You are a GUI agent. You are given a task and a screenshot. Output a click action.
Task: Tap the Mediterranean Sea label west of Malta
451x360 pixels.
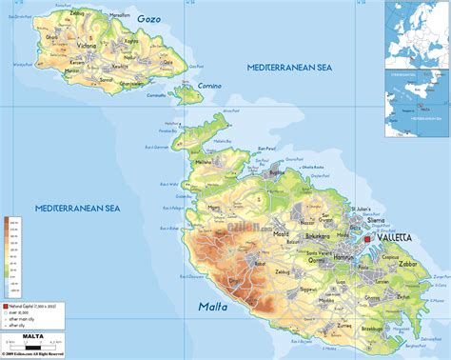[x=77, y=208]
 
